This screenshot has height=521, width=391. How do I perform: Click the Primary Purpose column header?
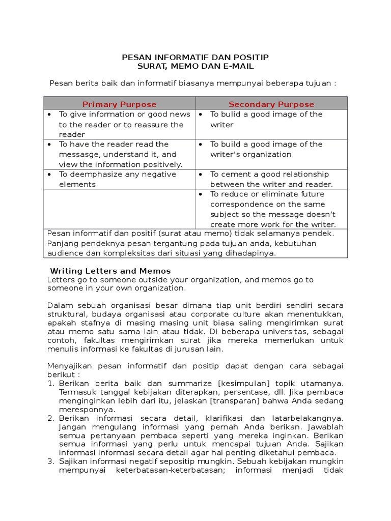[x=120, y=104]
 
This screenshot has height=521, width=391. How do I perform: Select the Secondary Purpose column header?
[x=271, y=104]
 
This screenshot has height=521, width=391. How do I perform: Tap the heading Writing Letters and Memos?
[x=110, y=271]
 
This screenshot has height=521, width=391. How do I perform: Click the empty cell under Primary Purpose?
[x=120, y=209]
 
